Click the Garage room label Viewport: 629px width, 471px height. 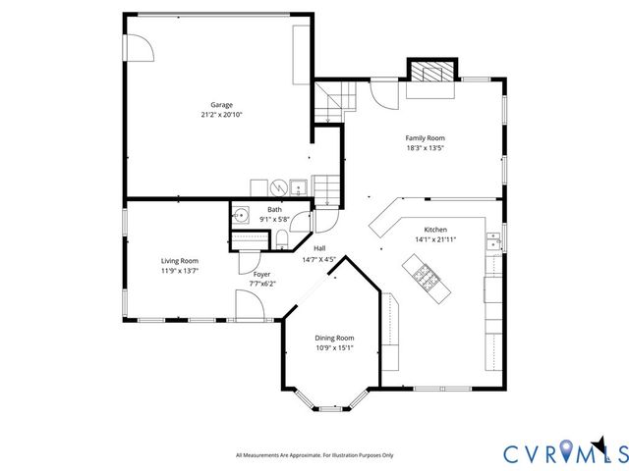pos(221,104)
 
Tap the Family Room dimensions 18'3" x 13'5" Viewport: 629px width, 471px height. pos(426,149)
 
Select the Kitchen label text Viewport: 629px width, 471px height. pos(435,228)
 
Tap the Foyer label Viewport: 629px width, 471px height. pos(261,274)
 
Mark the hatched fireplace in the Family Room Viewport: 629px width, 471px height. pos(432,72)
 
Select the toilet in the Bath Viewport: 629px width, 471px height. pos(281,238)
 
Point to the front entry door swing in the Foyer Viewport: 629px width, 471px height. pos(250,304)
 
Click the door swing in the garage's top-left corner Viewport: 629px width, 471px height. pos(139,42)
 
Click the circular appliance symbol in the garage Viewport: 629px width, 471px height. pos(278,186)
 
